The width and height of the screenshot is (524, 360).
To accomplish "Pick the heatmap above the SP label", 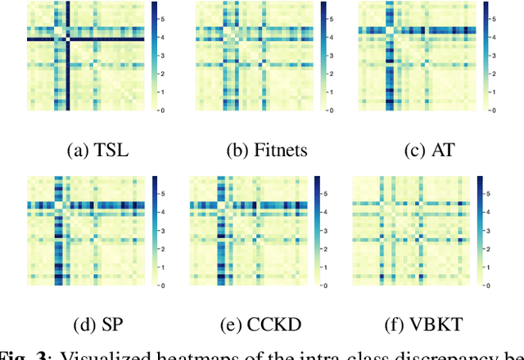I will click(x=85, y=231).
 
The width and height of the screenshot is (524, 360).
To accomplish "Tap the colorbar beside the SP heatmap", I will click(x=154, y=231).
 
